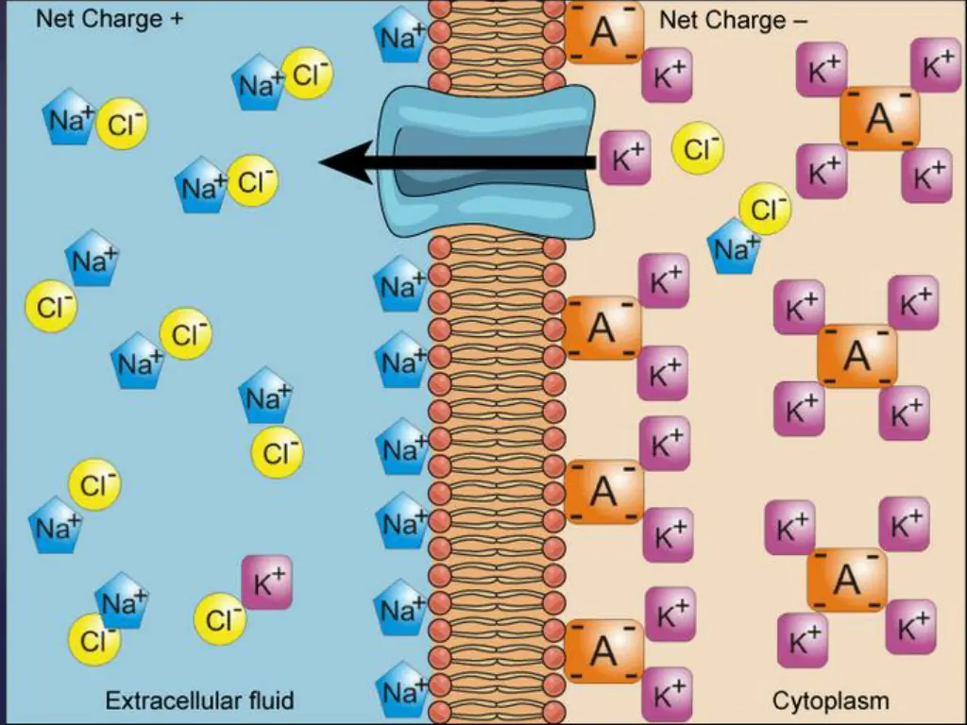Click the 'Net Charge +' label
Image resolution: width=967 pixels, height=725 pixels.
(110, 20)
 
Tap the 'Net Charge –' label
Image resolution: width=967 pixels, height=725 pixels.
(734, 20)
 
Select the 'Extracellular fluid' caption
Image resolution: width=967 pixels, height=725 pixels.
(199, 700)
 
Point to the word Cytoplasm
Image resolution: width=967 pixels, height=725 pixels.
(830, 700)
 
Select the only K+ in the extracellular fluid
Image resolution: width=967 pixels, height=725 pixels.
(267, 582)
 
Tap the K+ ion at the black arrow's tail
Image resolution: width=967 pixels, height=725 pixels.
(625, 158)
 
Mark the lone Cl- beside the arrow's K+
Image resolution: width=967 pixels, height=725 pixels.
(698, 149)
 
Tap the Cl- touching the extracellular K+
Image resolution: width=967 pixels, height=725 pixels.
(221, 619)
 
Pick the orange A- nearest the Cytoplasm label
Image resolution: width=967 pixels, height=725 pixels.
(847, 579)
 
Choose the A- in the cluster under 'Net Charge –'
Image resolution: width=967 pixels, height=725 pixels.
(879, 118)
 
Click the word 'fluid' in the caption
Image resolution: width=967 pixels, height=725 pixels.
(266, 700)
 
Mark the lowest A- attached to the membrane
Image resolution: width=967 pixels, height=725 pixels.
(603, 650)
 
